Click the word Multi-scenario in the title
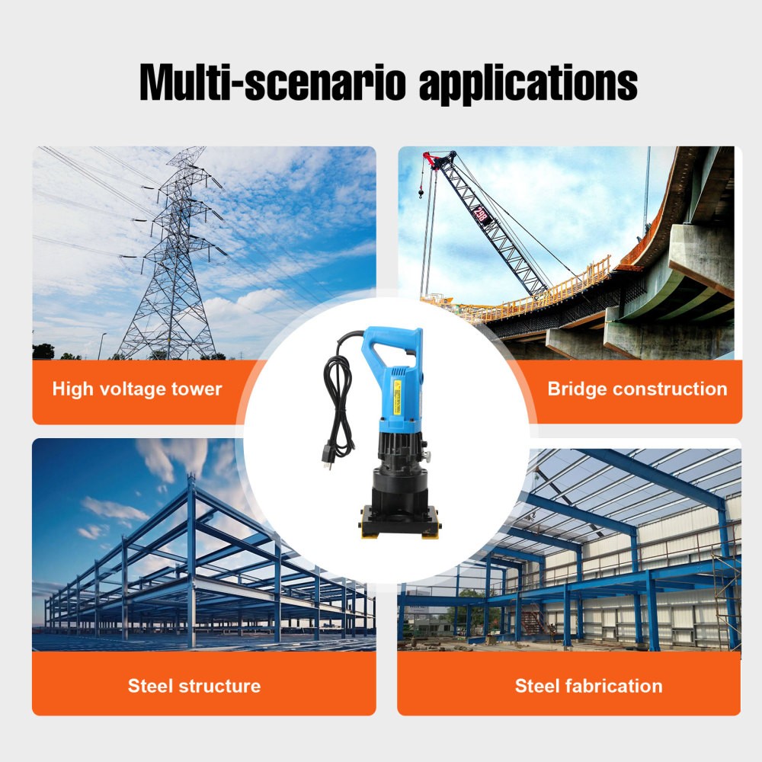[x=272, y=82]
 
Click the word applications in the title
[x=528, y=84]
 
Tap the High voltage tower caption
[x=137, y=389]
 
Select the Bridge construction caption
[x=637, y=389]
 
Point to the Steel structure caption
[x=194, y=686]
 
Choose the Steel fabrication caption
[x=588, y=686]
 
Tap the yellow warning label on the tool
[x=398, y=396]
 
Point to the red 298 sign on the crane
[x=481, y=214]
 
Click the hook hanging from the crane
[x=421, y=193]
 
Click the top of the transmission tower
[x=187, y=152]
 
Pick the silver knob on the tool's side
[x=428, y=456]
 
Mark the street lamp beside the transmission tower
[x=101, y=346]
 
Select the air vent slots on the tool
[x=399, y=372]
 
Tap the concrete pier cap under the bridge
[x=703, y=256]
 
